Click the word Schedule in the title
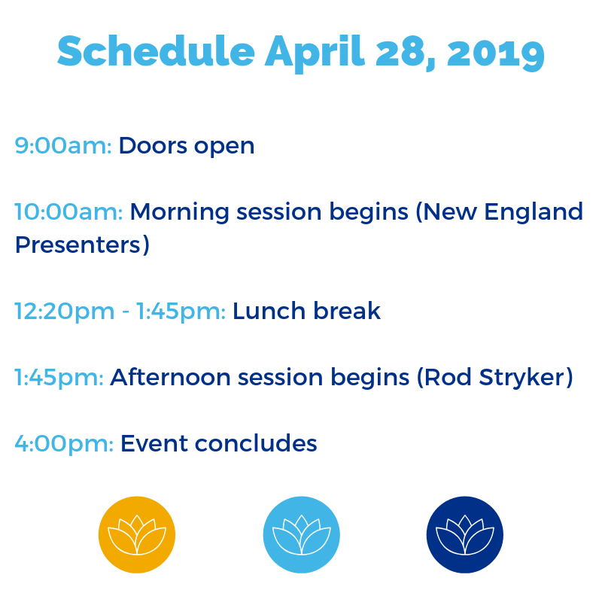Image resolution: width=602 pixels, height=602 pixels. tap(156, 51)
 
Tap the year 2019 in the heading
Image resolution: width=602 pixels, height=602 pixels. tap(496, 53)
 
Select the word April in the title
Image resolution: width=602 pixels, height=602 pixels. tap(315, 53)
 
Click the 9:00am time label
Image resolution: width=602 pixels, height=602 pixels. tap(63, 146)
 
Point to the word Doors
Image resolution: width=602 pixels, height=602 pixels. tap(153, 146)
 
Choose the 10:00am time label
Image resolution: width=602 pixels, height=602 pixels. tap(68, 212)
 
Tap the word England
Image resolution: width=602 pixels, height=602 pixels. tap(534, 212)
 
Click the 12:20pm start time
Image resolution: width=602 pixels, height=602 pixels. tap(65, 311)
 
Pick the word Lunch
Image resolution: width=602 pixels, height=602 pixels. tap(269, 311)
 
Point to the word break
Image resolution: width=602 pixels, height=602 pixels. tap(347, 310)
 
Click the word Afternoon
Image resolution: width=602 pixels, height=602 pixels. tap(171, 378)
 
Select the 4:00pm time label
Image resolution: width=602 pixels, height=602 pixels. tap(64, 444)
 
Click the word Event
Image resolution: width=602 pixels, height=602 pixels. tap(154, 444)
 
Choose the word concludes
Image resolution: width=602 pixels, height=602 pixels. tap(256, 443)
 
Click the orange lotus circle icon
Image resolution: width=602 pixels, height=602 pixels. tap(137, 535)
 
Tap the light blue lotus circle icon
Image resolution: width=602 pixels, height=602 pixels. tap(302, 535)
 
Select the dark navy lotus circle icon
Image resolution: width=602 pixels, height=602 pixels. tap(465, 535)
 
